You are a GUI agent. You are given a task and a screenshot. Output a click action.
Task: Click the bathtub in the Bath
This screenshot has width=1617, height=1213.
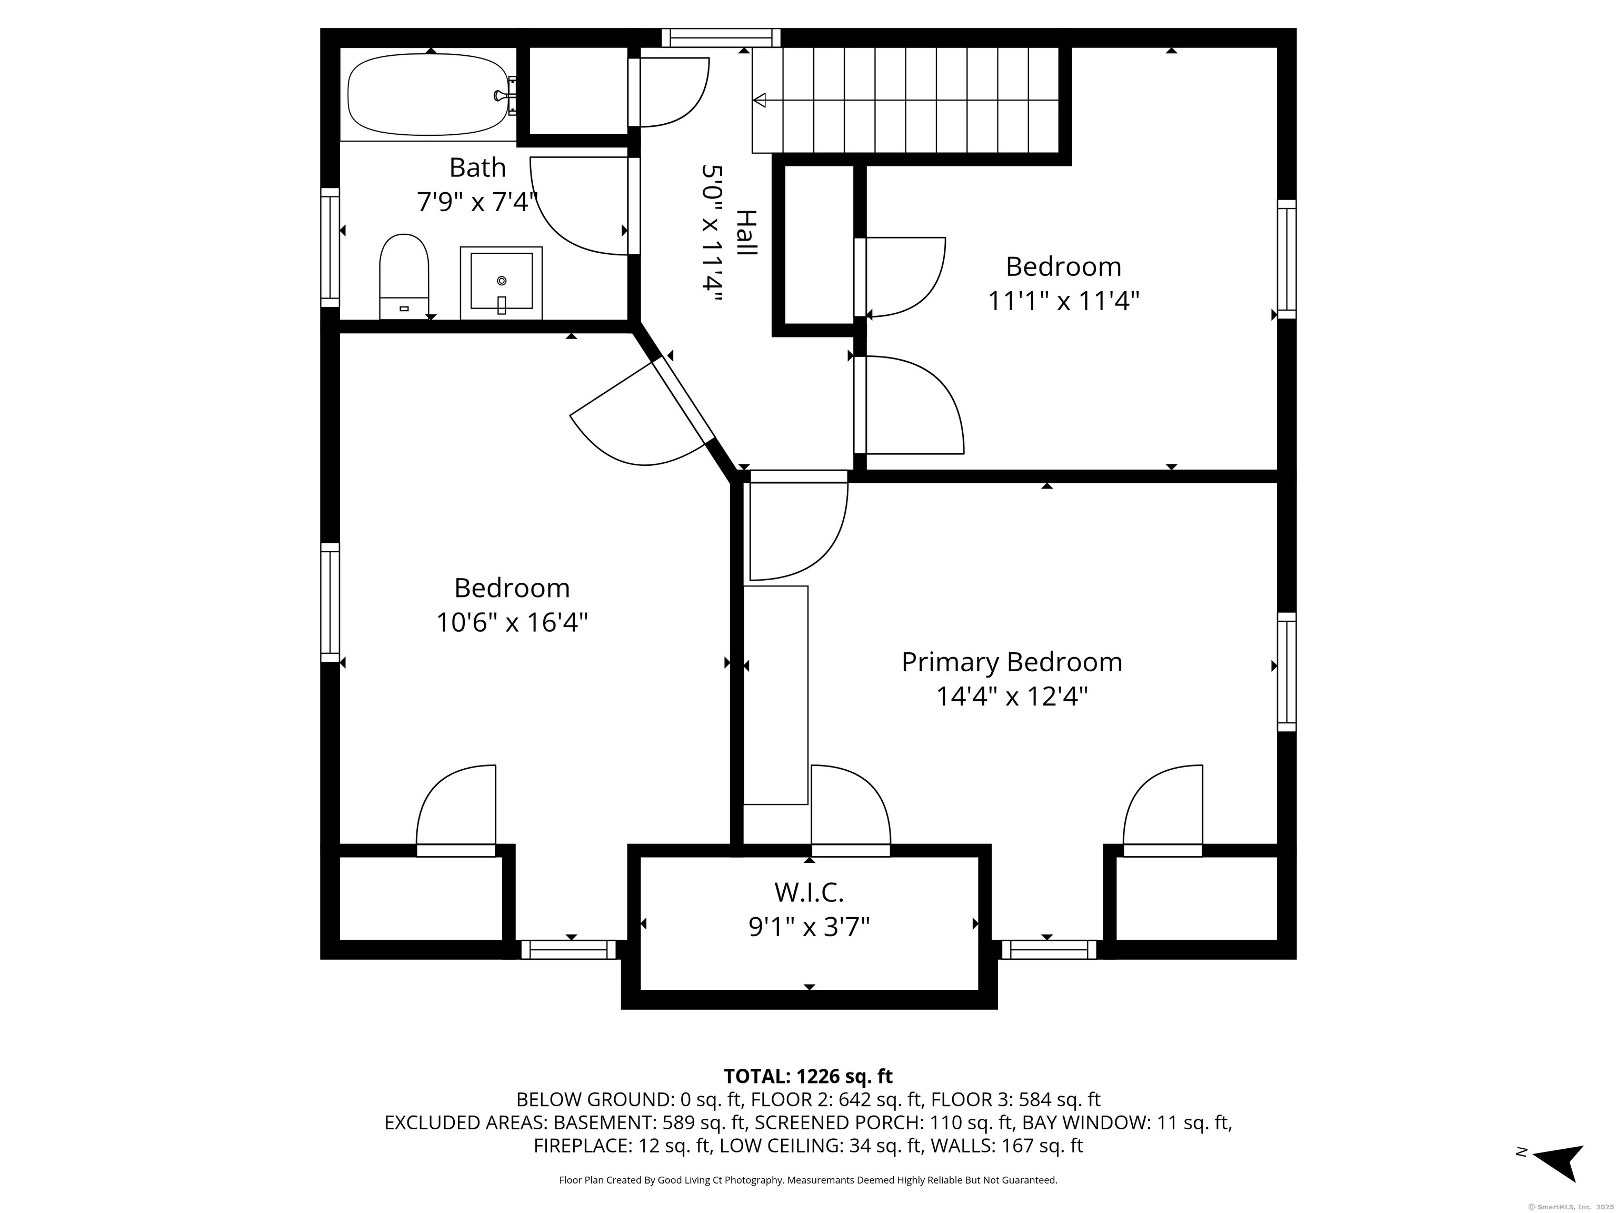click(x=428, y=96)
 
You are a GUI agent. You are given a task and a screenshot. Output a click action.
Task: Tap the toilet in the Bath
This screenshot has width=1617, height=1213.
click(x=404, y=277)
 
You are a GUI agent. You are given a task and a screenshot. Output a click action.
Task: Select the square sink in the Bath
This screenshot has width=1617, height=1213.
click(x=501, y=282)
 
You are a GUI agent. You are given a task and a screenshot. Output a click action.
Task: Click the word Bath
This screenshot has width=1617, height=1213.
click(x=477, y=167)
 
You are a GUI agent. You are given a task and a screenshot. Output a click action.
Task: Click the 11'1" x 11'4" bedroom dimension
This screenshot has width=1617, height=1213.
click(x=1064, y=301)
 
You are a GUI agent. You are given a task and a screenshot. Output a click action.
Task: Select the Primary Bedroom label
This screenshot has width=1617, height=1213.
click(x=1012, y=662)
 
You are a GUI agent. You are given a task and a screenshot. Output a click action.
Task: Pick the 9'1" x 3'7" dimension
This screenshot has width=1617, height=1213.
click(x=808, y=927)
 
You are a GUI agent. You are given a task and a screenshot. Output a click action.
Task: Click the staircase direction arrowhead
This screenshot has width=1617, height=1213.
click(x=760, y=100)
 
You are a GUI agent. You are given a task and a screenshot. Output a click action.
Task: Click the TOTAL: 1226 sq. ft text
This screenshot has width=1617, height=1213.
click(x=808, y=1076)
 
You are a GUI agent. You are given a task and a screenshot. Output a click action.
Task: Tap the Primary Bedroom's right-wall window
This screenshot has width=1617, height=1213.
click(x=1286, y=672)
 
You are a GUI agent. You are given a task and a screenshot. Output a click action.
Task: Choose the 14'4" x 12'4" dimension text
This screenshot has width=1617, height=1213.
click(x=1012, y=696)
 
